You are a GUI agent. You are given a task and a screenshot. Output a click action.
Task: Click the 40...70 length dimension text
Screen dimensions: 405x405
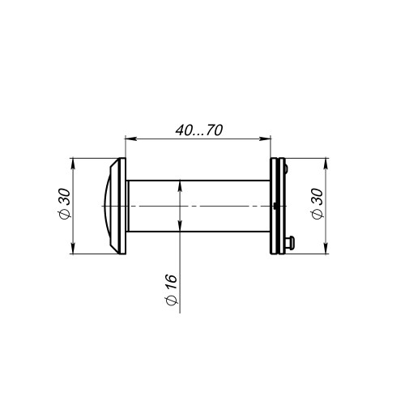coord(199,130)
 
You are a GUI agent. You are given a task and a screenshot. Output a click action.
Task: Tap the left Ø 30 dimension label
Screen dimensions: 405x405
coord(65,203)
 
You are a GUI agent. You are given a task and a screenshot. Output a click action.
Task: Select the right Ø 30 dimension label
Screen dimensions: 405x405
coord(317,204)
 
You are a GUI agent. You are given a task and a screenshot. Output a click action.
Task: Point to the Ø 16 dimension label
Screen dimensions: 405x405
coord(172,290)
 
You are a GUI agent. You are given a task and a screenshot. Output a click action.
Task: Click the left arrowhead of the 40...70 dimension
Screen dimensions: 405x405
coord(130,139)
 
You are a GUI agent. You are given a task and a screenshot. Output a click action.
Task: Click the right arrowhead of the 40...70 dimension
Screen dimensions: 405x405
coord(265,139)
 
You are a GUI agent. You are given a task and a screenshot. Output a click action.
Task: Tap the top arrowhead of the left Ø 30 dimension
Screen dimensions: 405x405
coord(73,164)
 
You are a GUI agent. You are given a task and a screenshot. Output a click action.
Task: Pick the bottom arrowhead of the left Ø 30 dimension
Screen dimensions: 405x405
coord(73,248)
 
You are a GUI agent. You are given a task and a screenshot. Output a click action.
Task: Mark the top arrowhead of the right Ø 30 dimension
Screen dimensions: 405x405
coord(326,164)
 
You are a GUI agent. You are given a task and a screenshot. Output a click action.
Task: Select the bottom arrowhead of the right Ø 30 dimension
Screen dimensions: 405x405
coord(326,248)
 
